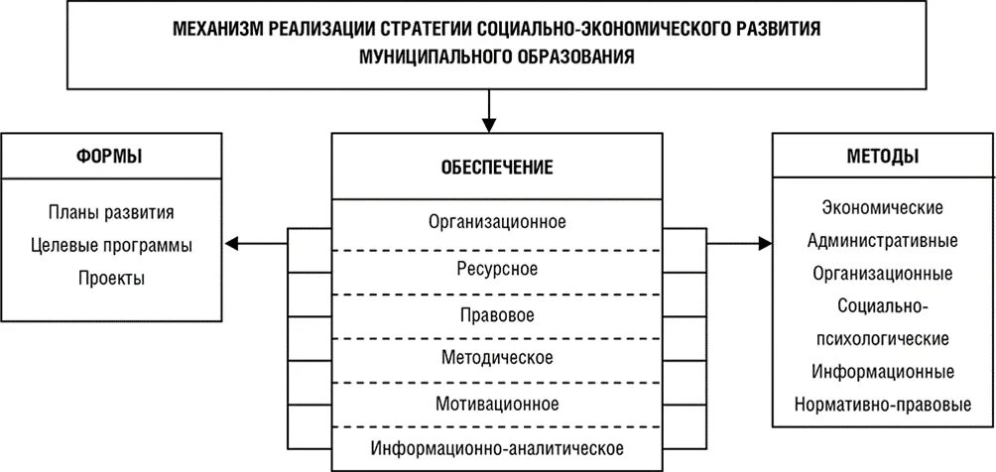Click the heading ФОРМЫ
coord(109,156)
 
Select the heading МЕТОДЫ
coord(883,156)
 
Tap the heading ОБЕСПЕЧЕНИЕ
coord(496,167)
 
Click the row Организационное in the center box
coord(496,220)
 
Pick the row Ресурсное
coord(496,269)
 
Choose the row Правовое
coord(496,315)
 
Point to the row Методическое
coord(496,357)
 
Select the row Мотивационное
coord(496,404)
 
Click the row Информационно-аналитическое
coord(496,447)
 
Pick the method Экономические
coord(883,207)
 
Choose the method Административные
coord(883,240)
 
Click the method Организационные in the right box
coord(883,273)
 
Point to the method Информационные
coord(883,372)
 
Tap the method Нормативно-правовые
coord(883,405)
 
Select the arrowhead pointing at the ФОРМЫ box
coord(229,242)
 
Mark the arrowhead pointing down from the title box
coord(488,123)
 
